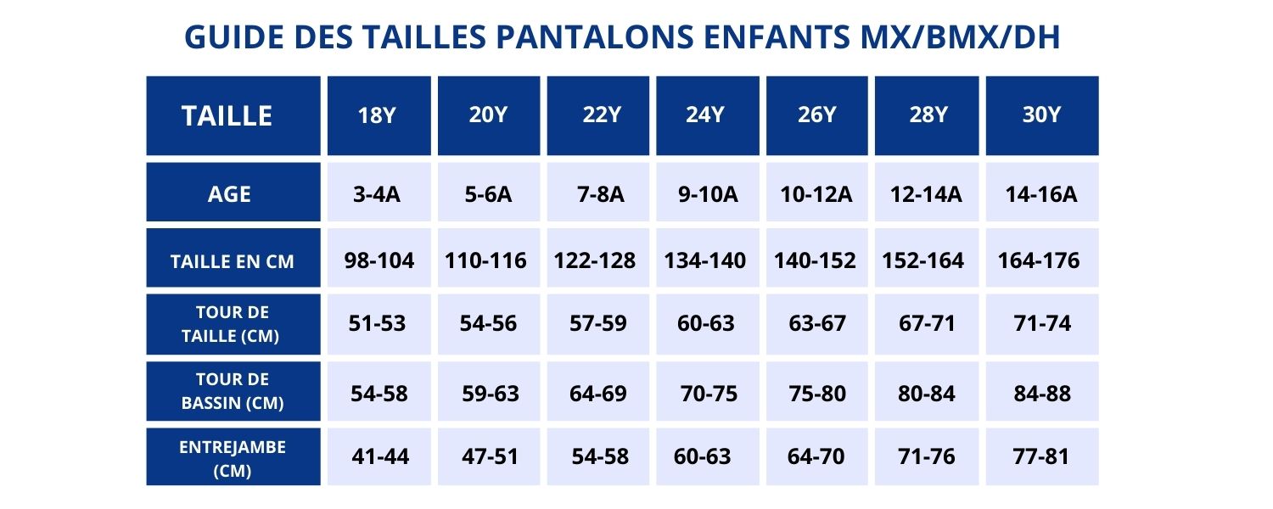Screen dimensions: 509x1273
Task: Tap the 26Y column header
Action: pos(817,115)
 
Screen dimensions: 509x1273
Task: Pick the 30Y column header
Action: pos(1042,115)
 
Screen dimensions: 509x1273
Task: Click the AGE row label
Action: pos(230,194)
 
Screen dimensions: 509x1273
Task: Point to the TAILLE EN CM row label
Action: pos(233,261)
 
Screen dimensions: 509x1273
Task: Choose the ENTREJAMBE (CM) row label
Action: pos(233,458)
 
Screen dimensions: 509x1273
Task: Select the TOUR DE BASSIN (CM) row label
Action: pos(233,391)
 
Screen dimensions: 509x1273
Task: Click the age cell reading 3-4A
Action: pos(378,194)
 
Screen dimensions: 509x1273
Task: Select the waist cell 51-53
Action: pos(378,323)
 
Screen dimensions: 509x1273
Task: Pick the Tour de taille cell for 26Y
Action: pos(816,323)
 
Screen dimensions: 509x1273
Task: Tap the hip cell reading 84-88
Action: pos(1042,394)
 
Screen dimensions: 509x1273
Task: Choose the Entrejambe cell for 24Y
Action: pos(702,456)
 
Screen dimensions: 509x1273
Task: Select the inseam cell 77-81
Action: pos(1042,456)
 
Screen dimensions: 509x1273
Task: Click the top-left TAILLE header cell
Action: pos(227,115)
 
